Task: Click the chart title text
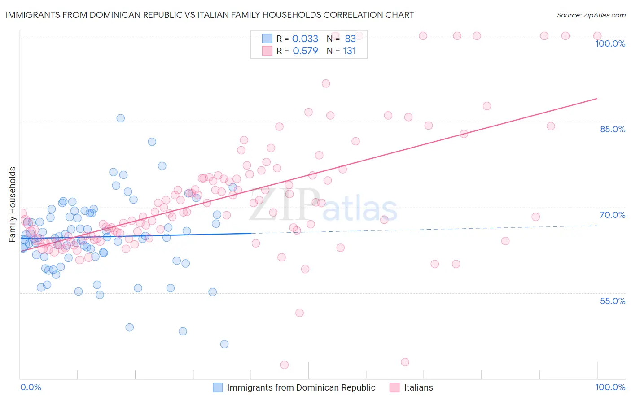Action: coord(210,15)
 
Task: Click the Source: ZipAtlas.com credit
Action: coord(591,15)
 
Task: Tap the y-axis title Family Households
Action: coord(13,204)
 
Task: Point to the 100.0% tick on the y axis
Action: coord(610,43)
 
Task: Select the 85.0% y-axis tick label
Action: coord(612,129)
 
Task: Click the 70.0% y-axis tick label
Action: coord(612,215)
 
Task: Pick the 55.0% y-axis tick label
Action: coord(612,301)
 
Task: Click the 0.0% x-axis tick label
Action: coord(31,387)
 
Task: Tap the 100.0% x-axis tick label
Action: coord(610,387)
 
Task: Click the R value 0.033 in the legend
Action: coord(305,39)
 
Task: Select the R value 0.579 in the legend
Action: coord(305,51)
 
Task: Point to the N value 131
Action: coord(349,51)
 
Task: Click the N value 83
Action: coord(350,39)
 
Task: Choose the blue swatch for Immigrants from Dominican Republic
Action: coord(218,387)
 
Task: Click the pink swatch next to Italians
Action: coord(394,387)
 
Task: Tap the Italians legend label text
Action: coord(418,387)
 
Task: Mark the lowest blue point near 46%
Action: coord(224,344)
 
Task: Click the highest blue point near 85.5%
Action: coord(120,118)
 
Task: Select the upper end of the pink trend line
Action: coord(597,98)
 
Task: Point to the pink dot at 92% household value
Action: coord(326,83)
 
